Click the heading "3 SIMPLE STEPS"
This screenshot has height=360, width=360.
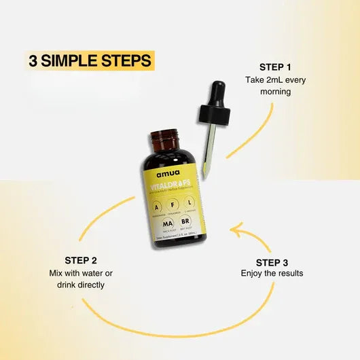[x=90, y=60]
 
